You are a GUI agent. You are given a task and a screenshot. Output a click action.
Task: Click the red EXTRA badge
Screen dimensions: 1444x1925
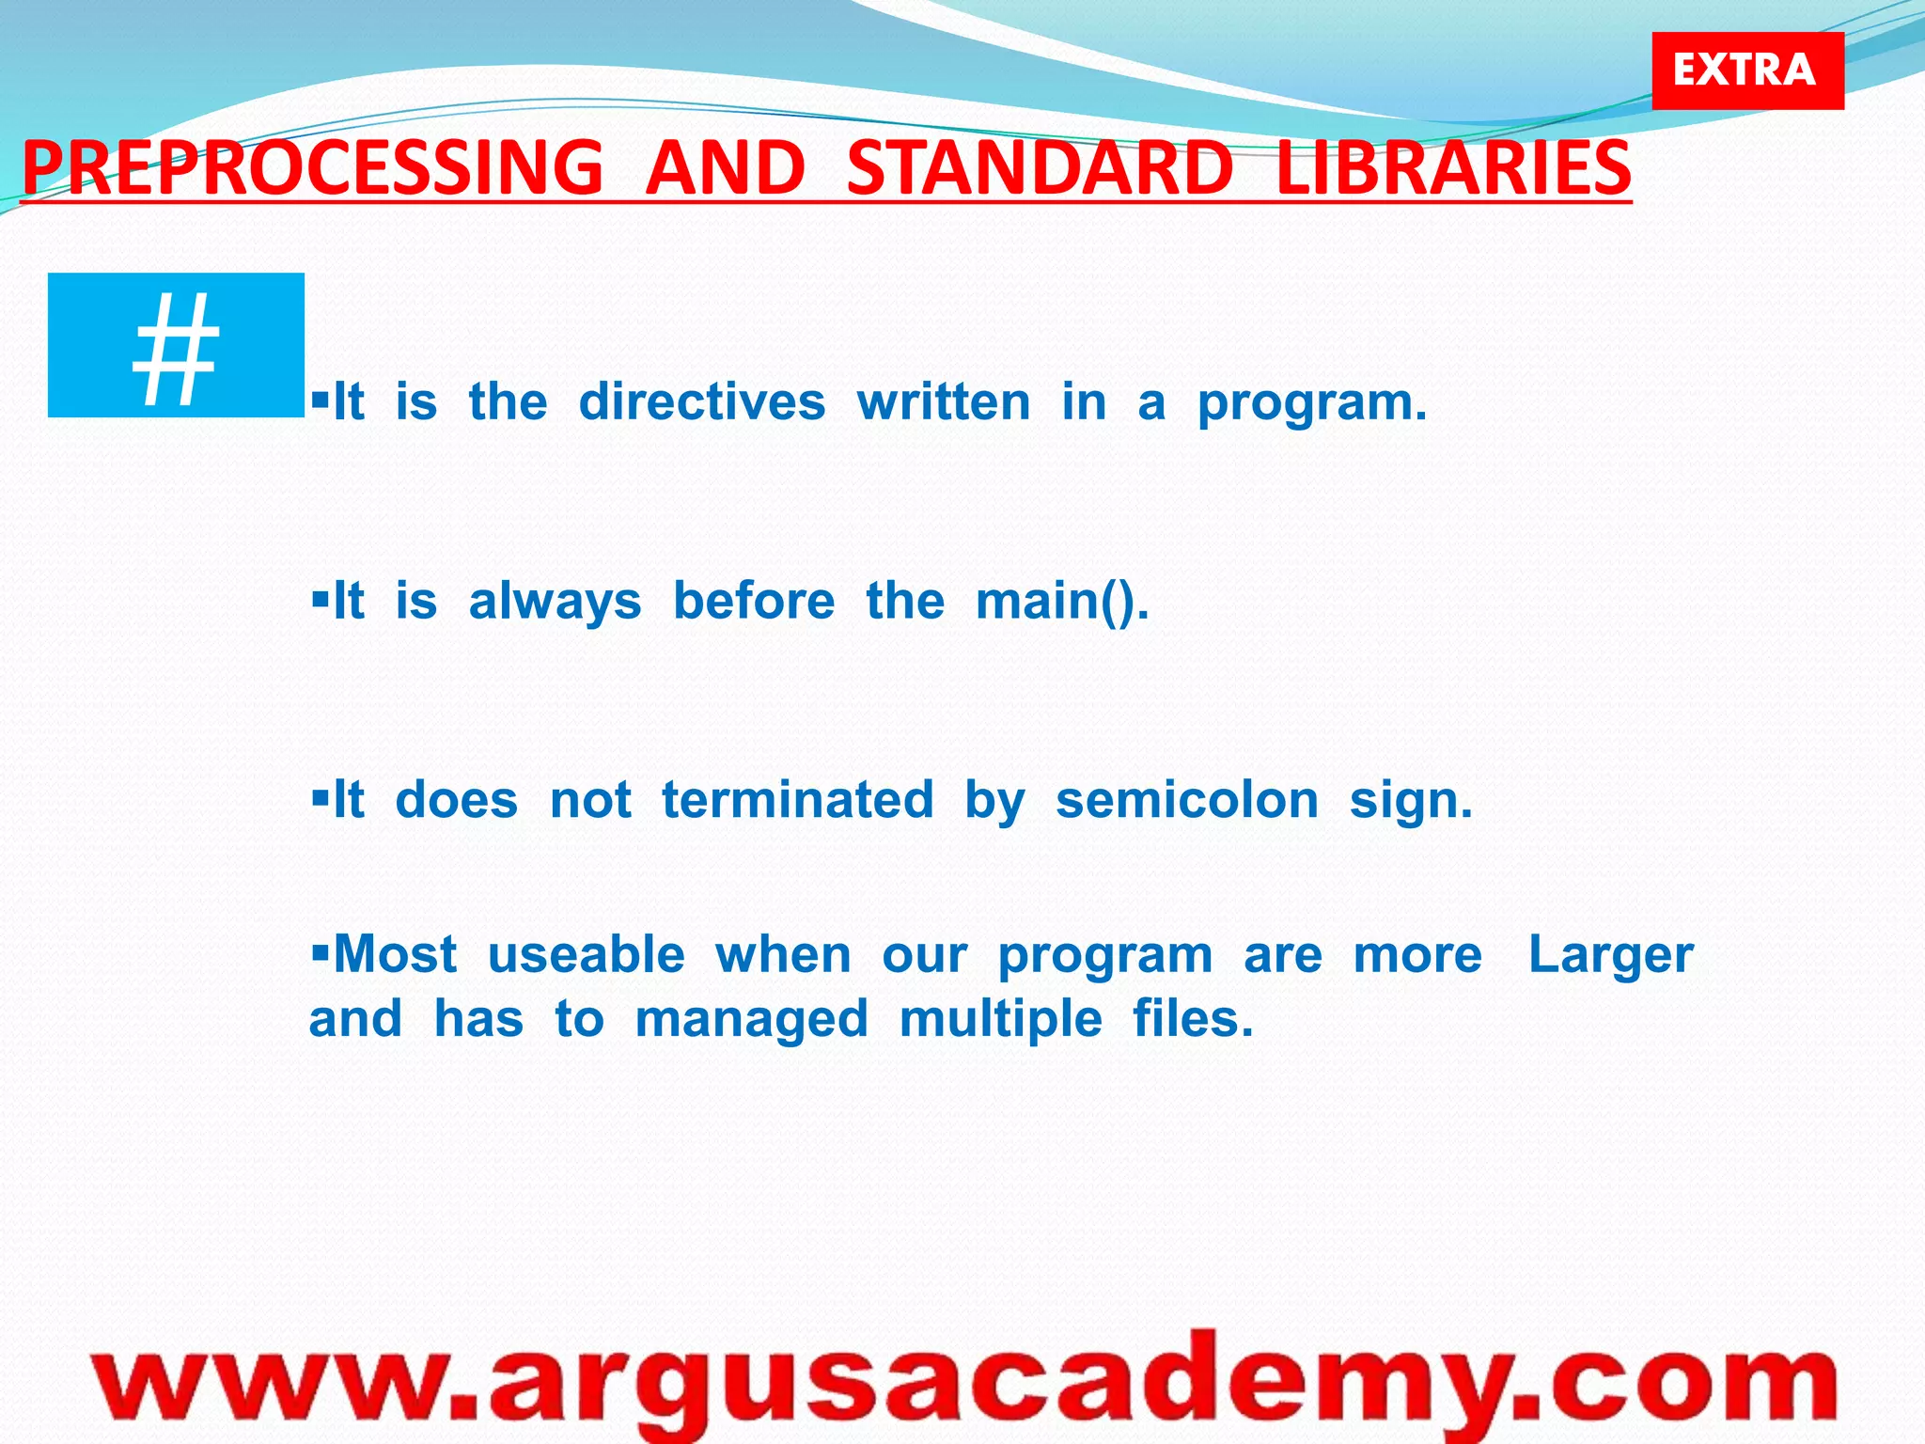[1747, 71]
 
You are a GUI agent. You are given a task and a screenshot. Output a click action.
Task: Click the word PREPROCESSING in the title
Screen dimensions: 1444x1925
[312, 167]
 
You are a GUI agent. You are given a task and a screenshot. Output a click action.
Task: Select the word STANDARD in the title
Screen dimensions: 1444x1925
[1040, 167]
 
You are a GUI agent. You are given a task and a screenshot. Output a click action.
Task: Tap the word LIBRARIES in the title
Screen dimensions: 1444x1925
[1453, 167]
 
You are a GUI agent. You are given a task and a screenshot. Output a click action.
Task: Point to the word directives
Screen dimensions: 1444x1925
[701, 402]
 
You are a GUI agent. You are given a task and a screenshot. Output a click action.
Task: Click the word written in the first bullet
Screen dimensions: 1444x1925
[944, 402]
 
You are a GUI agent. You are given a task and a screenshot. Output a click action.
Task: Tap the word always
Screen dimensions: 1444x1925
[555, 602]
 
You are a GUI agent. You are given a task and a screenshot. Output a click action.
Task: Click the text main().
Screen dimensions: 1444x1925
[1062, 602]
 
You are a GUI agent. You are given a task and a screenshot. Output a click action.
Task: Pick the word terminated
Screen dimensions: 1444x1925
[797, 800]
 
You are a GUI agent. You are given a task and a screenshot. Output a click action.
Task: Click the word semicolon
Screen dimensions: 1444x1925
[1187, 800]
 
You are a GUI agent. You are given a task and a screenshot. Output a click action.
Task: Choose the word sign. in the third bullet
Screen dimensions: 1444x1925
[1410, 802]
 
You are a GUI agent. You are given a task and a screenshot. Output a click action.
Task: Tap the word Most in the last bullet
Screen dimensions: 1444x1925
[395, 954]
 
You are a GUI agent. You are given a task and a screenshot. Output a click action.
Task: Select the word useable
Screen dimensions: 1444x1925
[587, 954]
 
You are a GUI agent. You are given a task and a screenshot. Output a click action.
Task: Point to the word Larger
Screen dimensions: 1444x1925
[1610, 956]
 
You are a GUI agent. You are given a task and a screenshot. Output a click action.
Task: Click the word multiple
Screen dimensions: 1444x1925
[1000, 1020]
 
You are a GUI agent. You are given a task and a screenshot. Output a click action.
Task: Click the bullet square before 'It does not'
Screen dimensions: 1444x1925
[321, 798]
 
